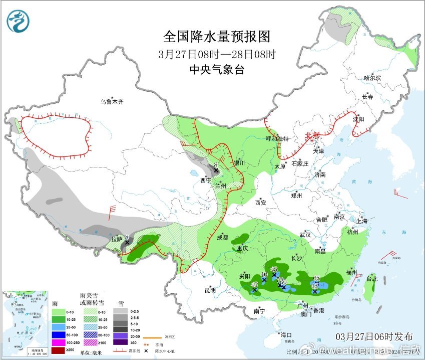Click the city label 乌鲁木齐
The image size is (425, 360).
click(x=111, y=102)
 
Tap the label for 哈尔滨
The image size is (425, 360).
click(x=372, y=78)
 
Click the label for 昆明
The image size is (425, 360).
click(x=210, y=290)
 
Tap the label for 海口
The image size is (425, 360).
click(x=286, y=334)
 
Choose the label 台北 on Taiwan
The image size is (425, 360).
click(x=371, y=279)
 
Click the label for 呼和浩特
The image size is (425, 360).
click(x=277, y=139)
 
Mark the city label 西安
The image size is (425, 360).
click(x=261, y=203)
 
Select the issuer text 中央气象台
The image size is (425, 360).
click(x=217, y=70)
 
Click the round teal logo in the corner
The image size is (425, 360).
click(x=18, y=21)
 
